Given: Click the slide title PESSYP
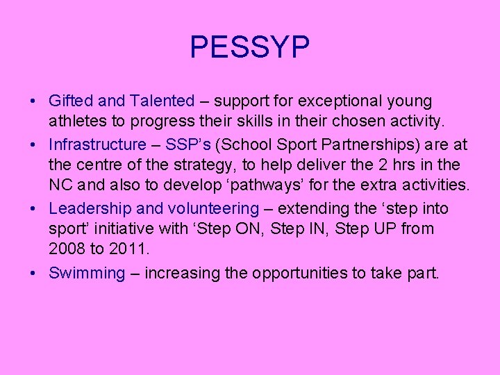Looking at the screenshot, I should tap(249, 48).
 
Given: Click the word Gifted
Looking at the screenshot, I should tap(68, 101).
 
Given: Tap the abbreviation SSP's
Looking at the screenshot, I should tap(188, 144).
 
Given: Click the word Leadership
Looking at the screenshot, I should tap(90, 208).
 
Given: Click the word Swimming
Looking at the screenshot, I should tap(86, 273).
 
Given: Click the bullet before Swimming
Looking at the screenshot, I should tap(34, 273).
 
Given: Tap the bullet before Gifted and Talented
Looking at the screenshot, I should tap(34, 101).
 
